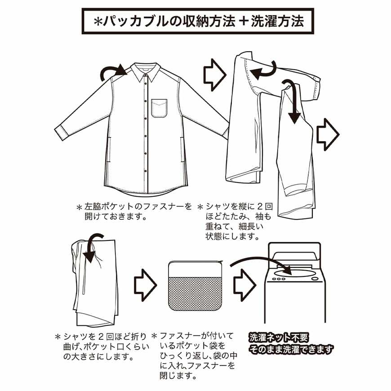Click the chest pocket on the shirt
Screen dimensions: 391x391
159,108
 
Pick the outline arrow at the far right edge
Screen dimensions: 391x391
328,134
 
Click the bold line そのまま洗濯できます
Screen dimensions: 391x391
291,349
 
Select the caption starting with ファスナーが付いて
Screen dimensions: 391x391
198,355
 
